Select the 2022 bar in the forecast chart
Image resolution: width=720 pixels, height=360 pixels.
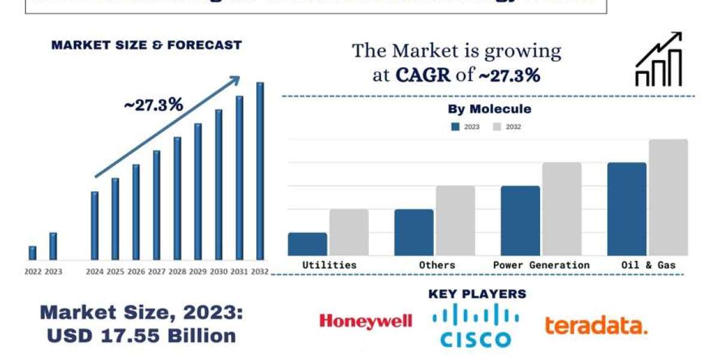[x=32, y=253]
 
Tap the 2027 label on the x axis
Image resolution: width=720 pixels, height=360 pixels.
[x=157, y=271]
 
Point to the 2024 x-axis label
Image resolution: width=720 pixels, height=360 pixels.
[x=95, y=271]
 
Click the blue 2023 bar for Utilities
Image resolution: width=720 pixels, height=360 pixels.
[x=307, y=244]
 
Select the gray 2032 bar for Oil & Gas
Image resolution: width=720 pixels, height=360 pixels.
[x=668, y=197]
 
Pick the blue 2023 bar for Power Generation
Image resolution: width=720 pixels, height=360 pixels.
[x=520, y=221]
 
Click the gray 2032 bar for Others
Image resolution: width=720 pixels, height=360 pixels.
[x=455, y=221]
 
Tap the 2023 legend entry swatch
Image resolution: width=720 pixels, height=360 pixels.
[x=455, y=127]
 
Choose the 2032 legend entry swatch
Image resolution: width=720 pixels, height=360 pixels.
[x=497, y=127]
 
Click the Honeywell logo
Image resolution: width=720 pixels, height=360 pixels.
[x=365, y=322]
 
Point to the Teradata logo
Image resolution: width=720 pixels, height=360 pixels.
[x=596, y=326]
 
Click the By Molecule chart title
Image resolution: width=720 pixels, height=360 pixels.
[x=489, y=109]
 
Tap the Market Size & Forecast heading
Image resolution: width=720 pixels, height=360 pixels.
[x=146, y=44]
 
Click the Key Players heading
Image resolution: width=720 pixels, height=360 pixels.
[x=477, y=294]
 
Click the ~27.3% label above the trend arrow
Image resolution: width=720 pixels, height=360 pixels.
[x=153, y=104]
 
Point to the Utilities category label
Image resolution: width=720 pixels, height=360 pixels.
[x=329, y=265]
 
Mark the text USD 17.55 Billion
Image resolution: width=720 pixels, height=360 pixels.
[x=142, y=335]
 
